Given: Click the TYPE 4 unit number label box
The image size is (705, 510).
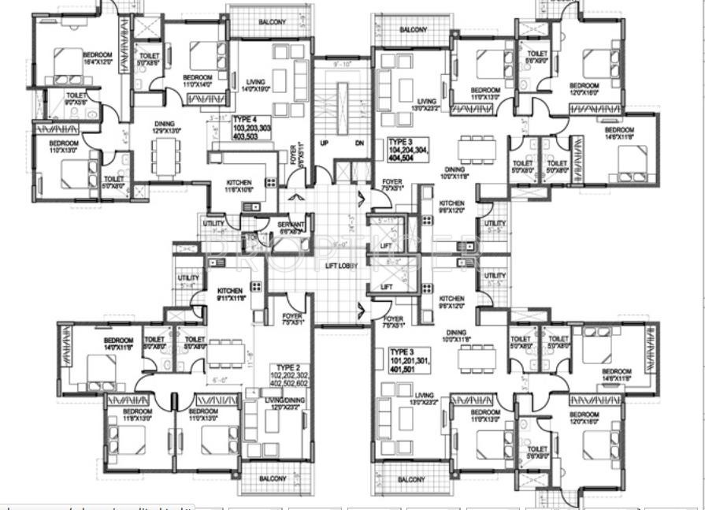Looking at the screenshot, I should (x=251, y=127).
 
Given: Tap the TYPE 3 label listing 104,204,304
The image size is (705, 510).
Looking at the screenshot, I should (x=407, y=149).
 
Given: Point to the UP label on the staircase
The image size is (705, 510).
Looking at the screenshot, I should (x=324, y=143).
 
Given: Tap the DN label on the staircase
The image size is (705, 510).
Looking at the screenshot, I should (x=359, y=143).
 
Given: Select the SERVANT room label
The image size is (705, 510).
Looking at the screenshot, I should (x=289, y=229).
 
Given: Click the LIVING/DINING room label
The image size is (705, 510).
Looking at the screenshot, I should (x=284, y=404).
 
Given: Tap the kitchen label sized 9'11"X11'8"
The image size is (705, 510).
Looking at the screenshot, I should (x=231, y=295).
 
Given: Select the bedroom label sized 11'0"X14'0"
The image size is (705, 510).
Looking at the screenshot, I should (x=199, y=60).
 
